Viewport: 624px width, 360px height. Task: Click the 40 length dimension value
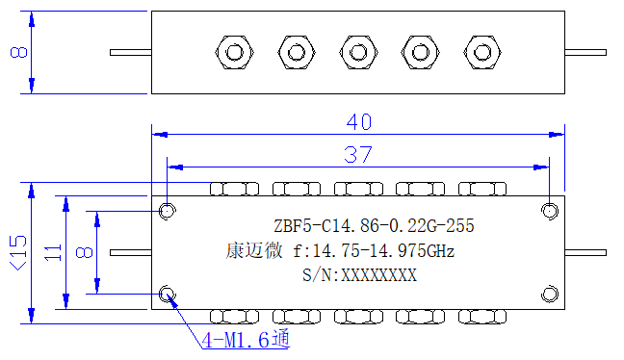pos(359,121)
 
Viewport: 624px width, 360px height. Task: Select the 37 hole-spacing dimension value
pos(358,155)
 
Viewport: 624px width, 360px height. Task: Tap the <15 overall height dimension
pos(18,253)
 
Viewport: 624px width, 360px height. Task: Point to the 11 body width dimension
pos(53,252)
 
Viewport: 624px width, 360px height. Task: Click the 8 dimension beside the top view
pos(18,52)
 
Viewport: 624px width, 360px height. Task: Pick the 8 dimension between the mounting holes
pos(85,252)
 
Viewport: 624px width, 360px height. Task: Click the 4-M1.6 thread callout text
pos(246,340)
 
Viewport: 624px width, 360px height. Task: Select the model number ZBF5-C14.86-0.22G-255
pos(374,226)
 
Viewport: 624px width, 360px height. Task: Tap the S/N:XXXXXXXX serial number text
pos(359,275)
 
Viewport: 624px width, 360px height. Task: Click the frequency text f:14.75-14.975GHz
pos(374,251)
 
